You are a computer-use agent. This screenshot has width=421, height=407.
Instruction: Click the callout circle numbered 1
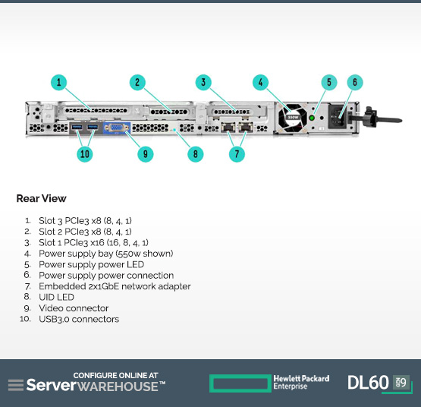[x=59, y=82]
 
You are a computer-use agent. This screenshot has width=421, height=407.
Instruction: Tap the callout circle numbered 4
[x=260, y=82]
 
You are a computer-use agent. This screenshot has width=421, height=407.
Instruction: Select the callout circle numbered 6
[x=355, y=82]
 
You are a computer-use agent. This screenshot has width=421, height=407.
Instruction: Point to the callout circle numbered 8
[x=195, y=154]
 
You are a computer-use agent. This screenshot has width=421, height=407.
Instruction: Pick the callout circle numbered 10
[x=85, y=154]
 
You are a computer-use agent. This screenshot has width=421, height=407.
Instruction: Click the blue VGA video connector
[x=117, y=128]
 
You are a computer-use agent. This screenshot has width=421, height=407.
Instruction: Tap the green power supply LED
[x=312, y=118]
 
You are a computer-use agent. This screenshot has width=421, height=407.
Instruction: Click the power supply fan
[x=293, y=118]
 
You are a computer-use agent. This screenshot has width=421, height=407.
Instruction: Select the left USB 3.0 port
[x=77, y=127]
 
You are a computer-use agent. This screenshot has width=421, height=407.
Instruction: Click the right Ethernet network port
[x=246, y=127]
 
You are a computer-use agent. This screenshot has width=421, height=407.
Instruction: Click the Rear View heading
[x=42, y=198]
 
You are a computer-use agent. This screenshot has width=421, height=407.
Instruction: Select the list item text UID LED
[x=56, y=297]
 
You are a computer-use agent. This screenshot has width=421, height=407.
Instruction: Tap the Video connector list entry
[x=74, y=308]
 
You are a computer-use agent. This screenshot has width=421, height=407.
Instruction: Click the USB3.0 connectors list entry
[x=79, y=319]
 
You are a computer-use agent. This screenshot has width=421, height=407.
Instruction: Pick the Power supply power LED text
[x=92, y=264]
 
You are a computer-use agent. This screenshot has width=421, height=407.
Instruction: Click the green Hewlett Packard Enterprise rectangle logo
[x=240, y=383]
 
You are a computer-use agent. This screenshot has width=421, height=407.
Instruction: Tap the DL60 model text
[x=368, y=383]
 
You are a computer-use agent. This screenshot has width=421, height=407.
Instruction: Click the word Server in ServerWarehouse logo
[x=52, y=385]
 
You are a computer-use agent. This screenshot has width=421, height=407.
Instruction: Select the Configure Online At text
[x=116, y=375]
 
